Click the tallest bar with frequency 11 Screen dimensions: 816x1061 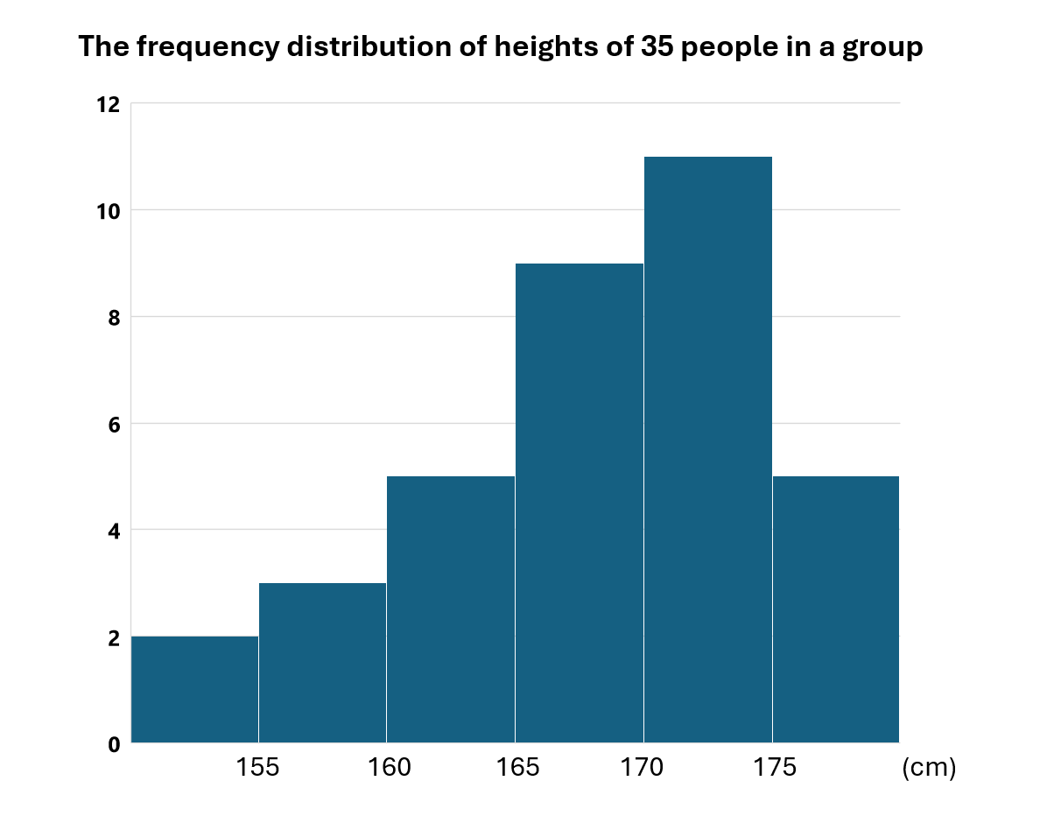tap(707, 449)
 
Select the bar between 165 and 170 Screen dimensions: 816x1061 tap(579, 503)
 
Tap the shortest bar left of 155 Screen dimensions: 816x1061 tap(194, 689)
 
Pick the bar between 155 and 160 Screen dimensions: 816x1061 tap(322, 663)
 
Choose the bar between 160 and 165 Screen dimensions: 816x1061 tap(450, 609)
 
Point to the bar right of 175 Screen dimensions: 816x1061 tap(835, 609)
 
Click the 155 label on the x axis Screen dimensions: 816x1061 tap(258, 768)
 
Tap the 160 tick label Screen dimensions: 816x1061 tap(386, 768)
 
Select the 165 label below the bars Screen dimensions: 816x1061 tap(515, 768)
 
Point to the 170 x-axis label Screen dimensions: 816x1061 tap(643, 768)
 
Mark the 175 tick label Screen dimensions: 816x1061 tap(772, 768)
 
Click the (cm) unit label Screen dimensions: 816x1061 tap(929, 768)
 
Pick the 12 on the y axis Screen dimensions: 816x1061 tap(108, 104)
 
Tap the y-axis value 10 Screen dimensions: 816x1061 tap(108, 210)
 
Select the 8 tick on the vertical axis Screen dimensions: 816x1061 tap(113, 317)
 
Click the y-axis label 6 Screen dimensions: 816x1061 tap(113, 424)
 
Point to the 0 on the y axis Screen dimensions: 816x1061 tap(113, 744)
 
